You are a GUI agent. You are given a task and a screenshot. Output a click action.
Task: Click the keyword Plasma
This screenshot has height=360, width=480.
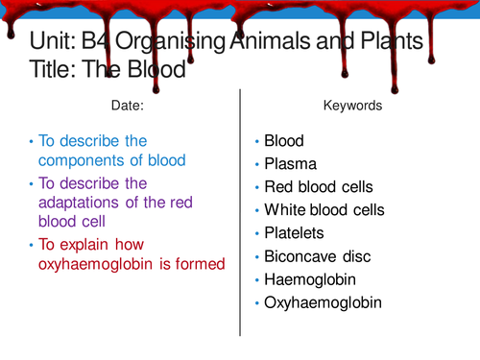coord(291,163)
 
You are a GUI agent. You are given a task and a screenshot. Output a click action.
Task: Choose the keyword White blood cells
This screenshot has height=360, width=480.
coord(324,209)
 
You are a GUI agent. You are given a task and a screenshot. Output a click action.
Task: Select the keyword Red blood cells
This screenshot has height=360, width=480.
coord(319,186)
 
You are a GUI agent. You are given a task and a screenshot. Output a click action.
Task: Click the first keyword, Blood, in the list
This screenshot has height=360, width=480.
coord(284,140)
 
